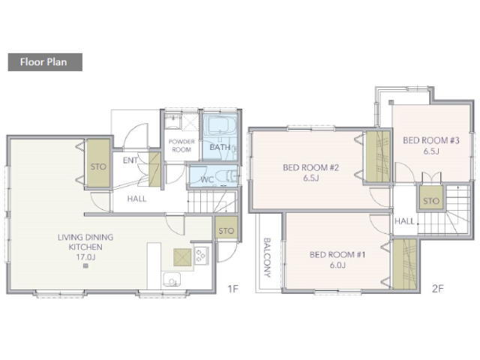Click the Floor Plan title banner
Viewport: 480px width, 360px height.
coord(45,62)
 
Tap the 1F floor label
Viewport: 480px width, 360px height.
coord(233,289)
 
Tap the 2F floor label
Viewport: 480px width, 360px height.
coord(437,289)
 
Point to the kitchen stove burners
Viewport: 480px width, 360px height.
coord(201,256)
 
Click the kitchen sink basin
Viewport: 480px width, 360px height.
coord(172,279)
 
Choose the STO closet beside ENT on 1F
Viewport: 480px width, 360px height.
coord(98,163)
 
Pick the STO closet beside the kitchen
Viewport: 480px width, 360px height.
coord(226,228)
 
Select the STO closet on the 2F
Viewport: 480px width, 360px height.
coord(431,198)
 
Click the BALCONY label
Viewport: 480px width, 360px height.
coord(267,258)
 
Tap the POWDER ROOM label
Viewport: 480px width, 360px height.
coord(181,145)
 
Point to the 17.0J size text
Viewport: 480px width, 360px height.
coord(85,257)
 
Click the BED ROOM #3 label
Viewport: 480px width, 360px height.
coord(431,140)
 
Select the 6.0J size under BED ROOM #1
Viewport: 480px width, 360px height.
coord(337,265)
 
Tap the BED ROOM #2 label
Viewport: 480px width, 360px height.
coord(311,168)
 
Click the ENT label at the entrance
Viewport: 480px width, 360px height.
coord(130,160)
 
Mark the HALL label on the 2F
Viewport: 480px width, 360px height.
coord(404,221)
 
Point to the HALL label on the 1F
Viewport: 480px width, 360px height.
coord(136,199)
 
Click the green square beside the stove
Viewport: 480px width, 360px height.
coord(182,257)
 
